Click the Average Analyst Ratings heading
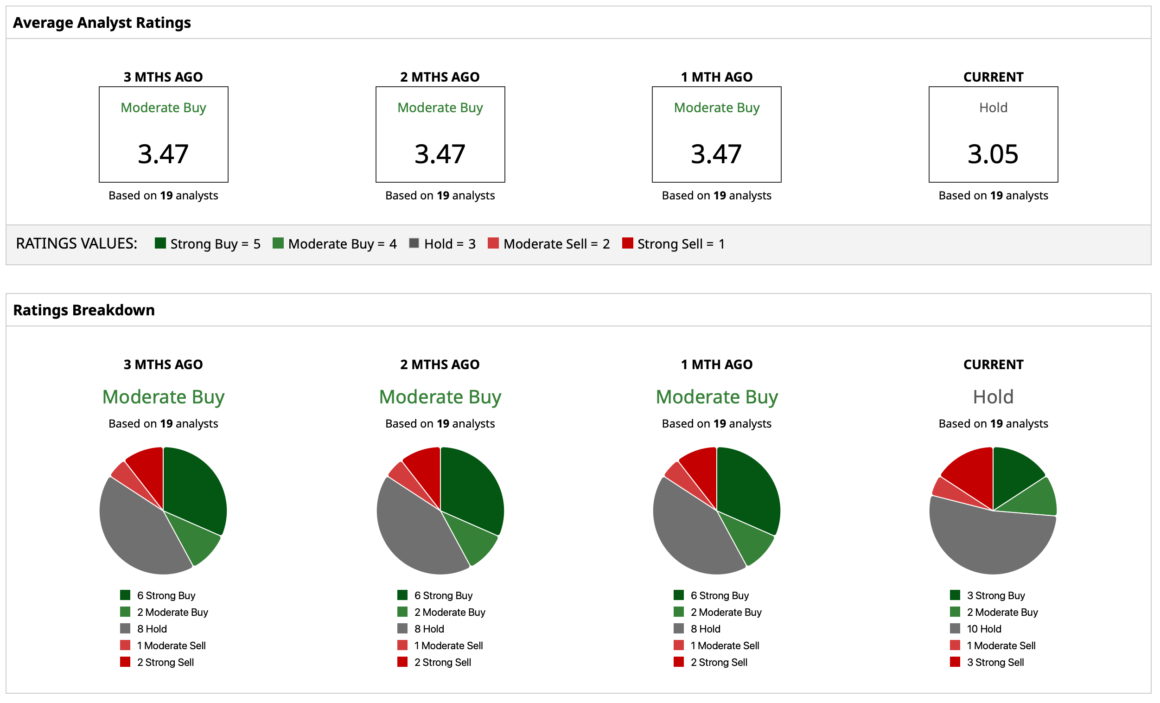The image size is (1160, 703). pos(102,23)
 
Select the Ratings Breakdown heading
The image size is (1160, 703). pos(84,310)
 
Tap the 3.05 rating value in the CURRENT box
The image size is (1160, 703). pos(993,154)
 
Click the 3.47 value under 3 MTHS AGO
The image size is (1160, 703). pos(163,154)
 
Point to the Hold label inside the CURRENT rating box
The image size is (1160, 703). pos(993,108)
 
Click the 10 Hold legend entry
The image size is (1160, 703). pos(983,629)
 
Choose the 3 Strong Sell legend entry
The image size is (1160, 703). pos(995,663)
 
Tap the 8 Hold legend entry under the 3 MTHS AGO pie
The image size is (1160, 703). pos(152,629)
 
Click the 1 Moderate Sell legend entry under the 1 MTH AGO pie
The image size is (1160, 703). pos(724,646)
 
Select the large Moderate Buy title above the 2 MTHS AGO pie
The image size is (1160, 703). pos(440,397)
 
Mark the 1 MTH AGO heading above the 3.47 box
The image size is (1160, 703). pos(716,77)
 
